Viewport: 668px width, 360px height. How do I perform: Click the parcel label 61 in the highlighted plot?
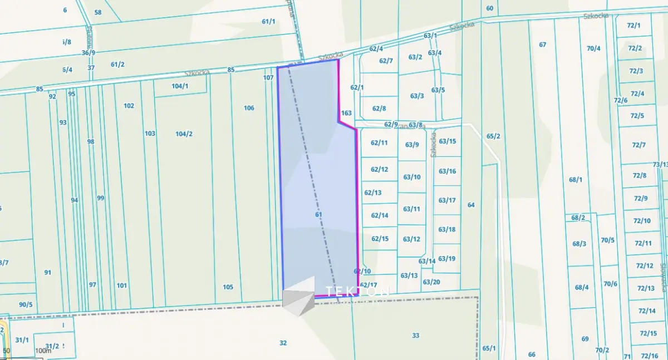pyautogui.click(x=318, y=214)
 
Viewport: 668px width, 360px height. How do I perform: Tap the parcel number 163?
pyautogui.click(x=346, y=113)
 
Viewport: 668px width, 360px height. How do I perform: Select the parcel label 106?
pyautogui.click(x=249, y=108)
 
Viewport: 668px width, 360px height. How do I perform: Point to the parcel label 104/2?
pyautogui.click(x=184, y=134)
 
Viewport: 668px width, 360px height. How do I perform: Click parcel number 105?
pyautogui.click(x=228, y=287)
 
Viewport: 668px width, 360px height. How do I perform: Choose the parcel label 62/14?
pyautogui.click(x=379, y=215)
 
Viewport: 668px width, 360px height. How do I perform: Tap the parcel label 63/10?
pyautogui.click(x=412, y=177)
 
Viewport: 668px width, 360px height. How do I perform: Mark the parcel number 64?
pyautogui.click(x=471, y=205)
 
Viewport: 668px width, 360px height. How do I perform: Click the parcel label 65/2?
pyautogui.click(x=493, y=136)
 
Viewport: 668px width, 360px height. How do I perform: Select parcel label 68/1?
pyautogui.click(x=576, y=180)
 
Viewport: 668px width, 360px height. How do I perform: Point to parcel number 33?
pyautogui.click(x=415, y=335)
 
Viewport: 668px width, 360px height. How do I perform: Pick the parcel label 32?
pyautogui.click(x=283, y=343)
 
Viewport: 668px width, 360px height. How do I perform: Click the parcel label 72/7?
pyautogui.click(x=638, y=145)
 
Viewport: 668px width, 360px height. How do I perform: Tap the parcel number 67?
pyautogui.click(x=542, y=45)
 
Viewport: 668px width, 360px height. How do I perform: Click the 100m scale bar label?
pyautogui.click(x=42, y=351)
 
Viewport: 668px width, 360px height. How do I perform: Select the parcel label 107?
pyautogui.click(x=268, y=78)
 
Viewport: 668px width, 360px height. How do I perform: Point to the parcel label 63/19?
pyautogui.click(x=446, y=258)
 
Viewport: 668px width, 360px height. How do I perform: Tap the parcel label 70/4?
pyautogui.click(x=593, y=48)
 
